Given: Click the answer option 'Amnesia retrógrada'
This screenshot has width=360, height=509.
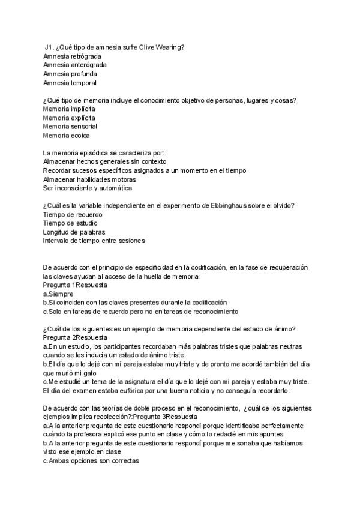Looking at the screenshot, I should (71, 56).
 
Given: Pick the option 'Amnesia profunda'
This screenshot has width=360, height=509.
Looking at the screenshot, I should (70, 74).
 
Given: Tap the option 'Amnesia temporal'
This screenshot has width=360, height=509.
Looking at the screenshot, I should (70, 83).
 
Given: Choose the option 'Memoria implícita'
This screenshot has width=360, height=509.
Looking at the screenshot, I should (69, 109).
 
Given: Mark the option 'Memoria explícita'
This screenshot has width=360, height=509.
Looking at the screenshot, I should (69, 118).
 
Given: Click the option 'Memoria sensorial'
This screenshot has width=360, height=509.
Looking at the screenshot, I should (70, 127).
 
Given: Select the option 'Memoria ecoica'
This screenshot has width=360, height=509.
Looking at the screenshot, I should (67, 136).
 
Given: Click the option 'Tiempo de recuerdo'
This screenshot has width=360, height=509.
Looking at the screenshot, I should (72, 214).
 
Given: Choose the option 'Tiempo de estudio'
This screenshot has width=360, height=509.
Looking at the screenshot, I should (70, 223).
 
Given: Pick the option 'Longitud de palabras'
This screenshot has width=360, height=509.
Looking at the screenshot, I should (74, 232).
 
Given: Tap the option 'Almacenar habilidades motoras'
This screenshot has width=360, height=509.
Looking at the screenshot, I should (89, 179).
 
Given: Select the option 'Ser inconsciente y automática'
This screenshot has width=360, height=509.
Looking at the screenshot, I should (88, 188).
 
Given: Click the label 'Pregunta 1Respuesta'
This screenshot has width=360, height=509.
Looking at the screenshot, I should (75, 285).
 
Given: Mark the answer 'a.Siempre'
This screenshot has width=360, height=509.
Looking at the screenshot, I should (58, 294).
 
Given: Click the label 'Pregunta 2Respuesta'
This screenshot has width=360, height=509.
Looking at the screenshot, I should (75, 337).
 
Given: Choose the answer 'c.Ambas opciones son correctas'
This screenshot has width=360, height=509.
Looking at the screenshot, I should (91, 460).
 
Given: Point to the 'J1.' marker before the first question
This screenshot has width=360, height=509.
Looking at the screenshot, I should (50, 47).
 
